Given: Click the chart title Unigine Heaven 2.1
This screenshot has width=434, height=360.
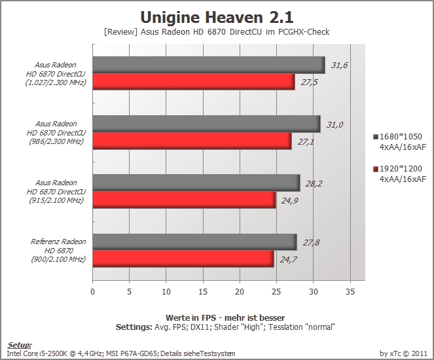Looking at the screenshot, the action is pyautogui.click(x=217, y=17).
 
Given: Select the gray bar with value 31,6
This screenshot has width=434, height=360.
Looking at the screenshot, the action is pyautogui.click(x=209, y=65).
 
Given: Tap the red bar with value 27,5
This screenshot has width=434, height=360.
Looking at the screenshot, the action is pyautogui.click(x=194, y=82).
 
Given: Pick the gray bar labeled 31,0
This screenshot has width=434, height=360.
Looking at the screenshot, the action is pyautogui.click(x=206, y=124).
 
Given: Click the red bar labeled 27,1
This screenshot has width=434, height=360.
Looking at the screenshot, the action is pyautogui.click(x=192, y=141).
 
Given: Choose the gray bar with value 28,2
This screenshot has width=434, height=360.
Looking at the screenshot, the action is pyautogui.click(x=196, y=183).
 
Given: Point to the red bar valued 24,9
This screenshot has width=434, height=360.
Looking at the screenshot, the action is pyautogui.click(x=184, y=200).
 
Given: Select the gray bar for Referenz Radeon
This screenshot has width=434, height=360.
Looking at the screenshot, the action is pyautogui.click(x=194, y=242).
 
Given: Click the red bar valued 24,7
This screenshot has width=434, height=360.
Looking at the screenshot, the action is pyautogui.click(x=183, y=259).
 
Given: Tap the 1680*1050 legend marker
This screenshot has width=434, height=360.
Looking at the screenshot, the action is pyautogui.click(x=376, y=137).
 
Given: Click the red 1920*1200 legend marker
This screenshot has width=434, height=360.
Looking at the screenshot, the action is pyautogui.click(x=376, y=169).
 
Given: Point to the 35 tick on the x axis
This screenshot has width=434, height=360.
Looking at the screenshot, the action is pyautogui.click(x=350, y=292).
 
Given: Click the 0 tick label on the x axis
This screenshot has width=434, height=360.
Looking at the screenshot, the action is pyautogui.click(x=92, y=292).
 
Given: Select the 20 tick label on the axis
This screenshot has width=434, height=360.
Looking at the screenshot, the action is pyautogui.click(x=240, y=292).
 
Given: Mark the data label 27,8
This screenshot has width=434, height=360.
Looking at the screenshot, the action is pyautogui.click(x=311, y=243).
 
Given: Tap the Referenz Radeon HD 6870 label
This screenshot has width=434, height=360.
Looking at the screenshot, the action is pyautogui.click(x=58, y=251).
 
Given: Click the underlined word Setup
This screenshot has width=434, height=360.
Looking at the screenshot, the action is pyautogui.click(x=20, y=345).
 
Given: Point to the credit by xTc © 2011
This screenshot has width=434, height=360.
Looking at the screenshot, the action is pyautogui.click(x=403, y=353).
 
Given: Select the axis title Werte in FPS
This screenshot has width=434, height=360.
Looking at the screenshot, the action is pyautogui.click(x=193, y=317).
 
